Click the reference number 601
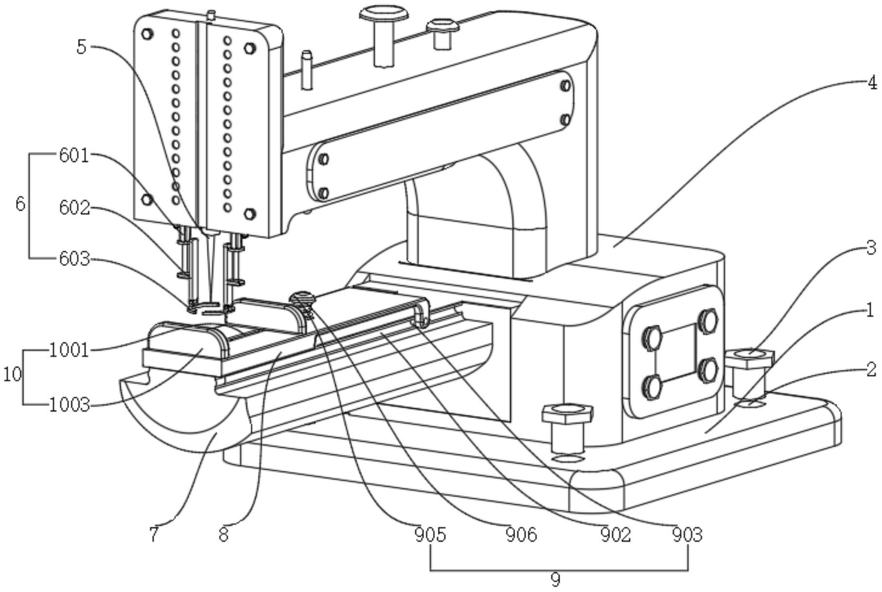pos(74,156)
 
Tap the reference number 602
pos(74,208)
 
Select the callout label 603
pos(74,259)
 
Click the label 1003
pos(69,404)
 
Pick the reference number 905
pos(430,535)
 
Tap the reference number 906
pos(522,535)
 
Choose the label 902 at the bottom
pos(615,535)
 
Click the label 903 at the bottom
pos(687,535)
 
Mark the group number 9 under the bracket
pos(555,579)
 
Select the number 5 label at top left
pos(81,47)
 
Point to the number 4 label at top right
pos(872,83)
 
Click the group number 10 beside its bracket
pos(13,374)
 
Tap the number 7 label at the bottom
pos(154,535)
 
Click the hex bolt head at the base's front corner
pos(567,414)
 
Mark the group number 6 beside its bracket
pos(20,204)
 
